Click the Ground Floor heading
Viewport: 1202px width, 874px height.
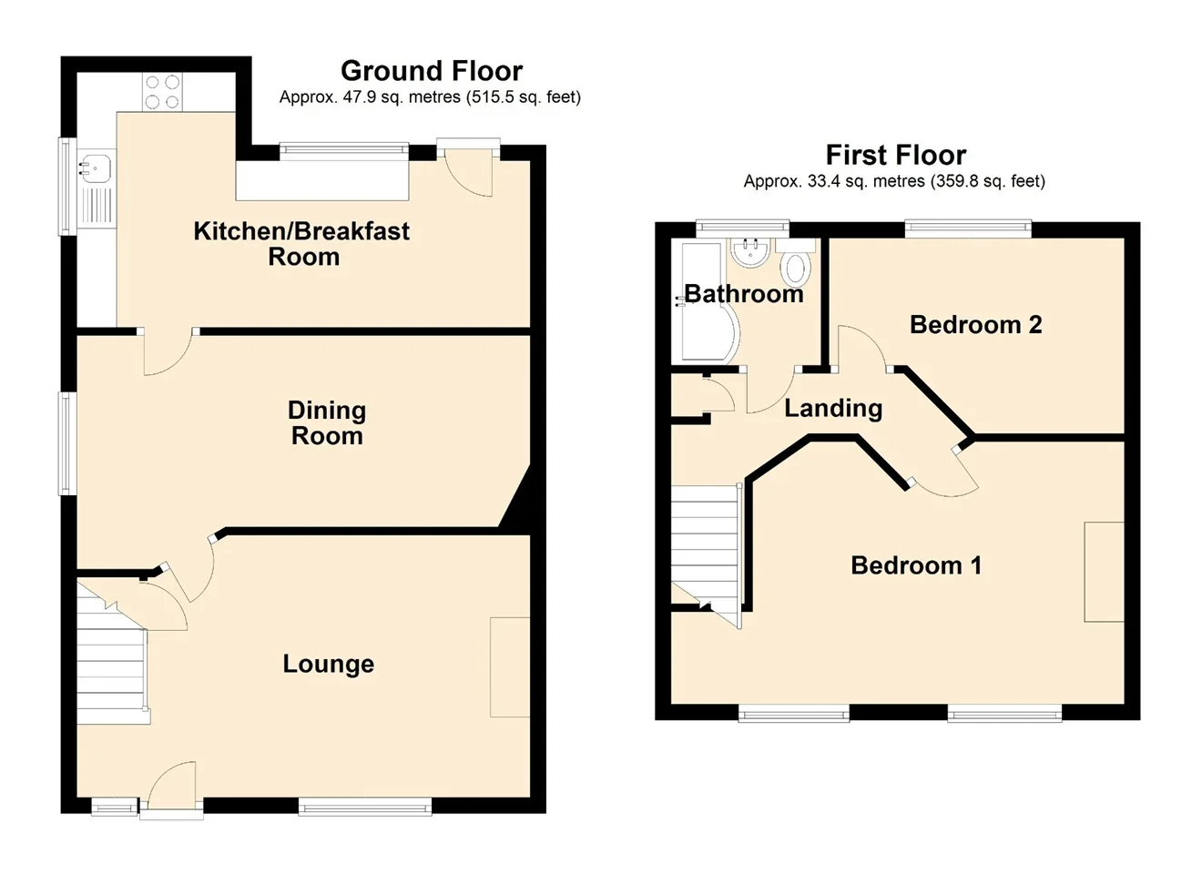(432, 71)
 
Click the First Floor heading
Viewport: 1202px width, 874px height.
(896, 156)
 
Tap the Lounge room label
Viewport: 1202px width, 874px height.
(329, 665)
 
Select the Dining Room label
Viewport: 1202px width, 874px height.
(327, 423)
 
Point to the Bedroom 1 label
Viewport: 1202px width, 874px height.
(916, 565)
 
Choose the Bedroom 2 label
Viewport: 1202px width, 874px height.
(976, 325)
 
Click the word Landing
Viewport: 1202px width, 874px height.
(833, 409)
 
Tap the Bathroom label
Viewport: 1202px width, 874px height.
(744, 294)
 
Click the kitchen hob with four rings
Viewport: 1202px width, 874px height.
(162, 92)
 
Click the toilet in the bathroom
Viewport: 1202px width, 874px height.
(796, 264)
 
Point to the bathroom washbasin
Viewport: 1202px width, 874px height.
(750, 252)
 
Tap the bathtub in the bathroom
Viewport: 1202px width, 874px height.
(704, 302)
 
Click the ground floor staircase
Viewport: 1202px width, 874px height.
(111, 660)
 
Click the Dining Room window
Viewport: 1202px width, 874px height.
(67, 443)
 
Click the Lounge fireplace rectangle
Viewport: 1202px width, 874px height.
(510, 667)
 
